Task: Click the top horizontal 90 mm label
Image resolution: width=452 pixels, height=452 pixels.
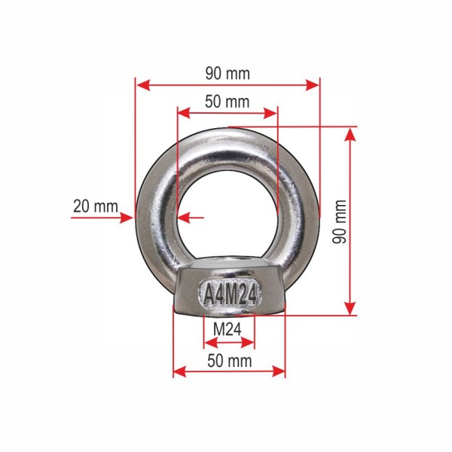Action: pyautogui.click(x=228, y=74)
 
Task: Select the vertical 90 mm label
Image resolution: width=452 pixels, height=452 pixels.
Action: pyautogui.click(x=339, y=221)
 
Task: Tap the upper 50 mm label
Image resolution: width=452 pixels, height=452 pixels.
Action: pyautogui.click(x=228, y=102)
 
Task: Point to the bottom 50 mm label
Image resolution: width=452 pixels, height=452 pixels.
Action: pyautogui.click(x=230, y=361)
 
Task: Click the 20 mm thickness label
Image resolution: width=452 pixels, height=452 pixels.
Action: pyautogui.click(x=96, y=206)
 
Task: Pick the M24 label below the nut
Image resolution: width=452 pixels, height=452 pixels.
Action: pyautogui.click(x=228, y=329)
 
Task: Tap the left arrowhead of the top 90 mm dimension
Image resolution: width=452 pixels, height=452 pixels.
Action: pyautogui.click(x=143, y=85)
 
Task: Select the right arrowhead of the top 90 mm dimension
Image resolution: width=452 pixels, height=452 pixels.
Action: pyautogui.click(x=312, y=85)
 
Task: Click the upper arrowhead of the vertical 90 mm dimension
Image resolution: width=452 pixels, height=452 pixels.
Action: pyautogui.click(x=350, y=134)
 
